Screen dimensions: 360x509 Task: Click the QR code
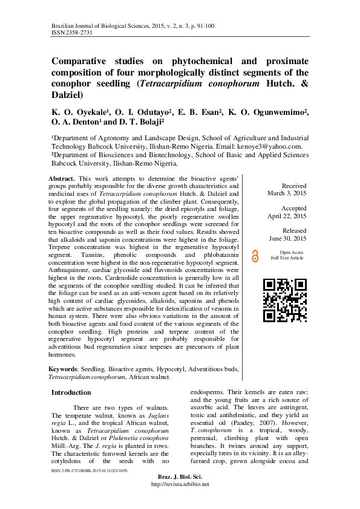click(x=285, y=300)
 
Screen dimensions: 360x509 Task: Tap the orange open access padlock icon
click(x=255, y=256)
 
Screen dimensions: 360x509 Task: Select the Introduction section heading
click(x=71, y=392)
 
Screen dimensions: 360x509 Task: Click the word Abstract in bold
click(x=62, y=178)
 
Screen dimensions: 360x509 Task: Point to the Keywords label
click(x=63, y=369)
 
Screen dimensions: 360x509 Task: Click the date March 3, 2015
click(x=287, y=193)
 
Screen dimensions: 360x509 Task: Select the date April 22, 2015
click(x=287, y=216)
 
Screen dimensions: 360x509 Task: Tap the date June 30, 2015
click(x=287, y=239)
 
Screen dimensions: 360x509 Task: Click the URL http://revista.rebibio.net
click(x=180, y=484)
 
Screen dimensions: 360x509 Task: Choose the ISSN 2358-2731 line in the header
click(x=72, y=33)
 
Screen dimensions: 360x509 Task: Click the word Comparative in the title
click(x=79, y=61)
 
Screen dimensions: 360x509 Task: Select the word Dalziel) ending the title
click(x=67, y=95)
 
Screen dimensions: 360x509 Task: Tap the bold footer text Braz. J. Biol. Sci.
click(x=180, y=477)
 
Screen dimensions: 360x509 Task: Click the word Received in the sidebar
click(x=294, y=186)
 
